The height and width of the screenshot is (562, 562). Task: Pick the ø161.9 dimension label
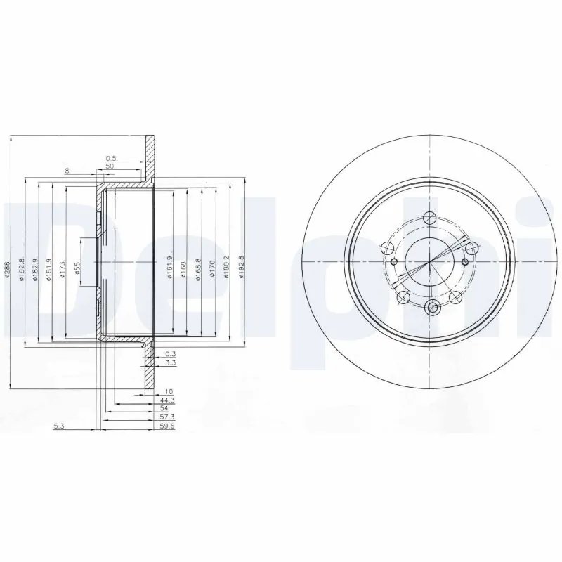[x=169, y=270]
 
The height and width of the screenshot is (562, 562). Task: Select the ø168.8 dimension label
[x=198, y=270]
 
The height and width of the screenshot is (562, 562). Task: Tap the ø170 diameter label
[x=212, y=270]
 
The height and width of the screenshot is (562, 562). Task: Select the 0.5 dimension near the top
[x=110, y=159]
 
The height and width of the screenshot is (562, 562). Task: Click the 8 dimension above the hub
[x=67, y=171]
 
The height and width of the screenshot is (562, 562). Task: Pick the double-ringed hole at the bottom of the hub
[x=432, y=306]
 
